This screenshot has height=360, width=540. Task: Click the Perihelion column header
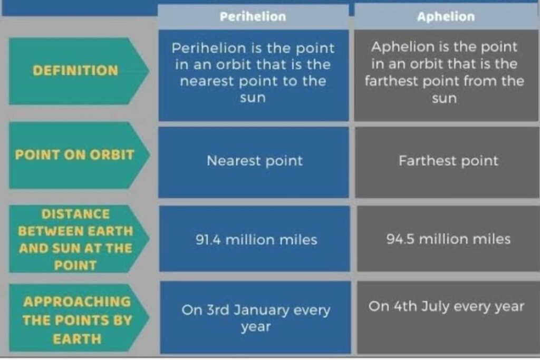coord(253,17)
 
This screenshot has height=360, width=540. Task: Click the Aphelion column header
coord(446,17)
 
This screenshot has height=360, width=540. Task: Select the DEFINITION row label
coord(75,71)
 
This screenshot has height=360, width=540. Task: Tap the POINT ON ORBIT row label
coord(74,155)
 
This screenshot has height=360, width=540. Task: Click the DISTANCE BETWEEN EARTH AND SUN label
coord(76,239)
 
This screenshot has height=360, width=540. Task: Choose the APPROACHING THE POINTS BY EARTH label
coord(76,319)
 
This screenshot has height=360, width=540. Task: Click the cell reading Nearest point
coord(254,161)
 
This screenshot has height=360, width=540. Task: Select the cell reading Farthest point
coord(448,160)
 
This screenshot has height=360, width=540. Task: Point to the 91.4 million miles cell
coord(256,240)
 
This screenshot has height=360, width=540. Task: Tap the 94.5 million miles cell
coord(448,239)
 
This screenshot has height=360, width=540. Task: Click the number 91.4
coord(208,240)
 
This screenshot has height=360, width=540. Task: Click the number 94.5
coord(400,239)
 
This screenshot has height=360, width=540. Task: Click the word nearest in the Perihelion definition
coord(207,82)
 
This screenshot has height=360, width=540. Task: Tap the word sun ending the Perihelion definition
coord(253,99)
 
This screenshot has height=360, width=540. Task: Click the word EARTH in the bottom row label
coord(76,339)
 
